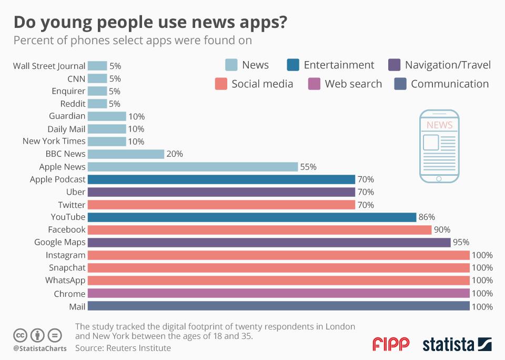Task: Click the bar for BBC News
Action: coord(126,154)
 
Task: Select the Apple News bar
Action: coord(193,166)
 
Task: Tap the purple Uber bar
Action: coord(221,192)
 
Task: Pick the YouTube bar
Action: coord(252,217)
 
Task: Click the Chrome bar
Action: coord(278,293)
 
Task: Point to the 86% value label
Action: coord(427,217)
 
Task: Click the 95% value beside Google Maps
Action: coord(461,242)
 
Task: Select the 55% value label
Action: coord(308,167)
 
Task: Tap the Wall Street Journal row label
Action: coord(49,66)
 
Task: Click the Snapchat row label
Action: coord(67,267)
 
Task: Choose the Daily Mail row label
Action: coord(66,128)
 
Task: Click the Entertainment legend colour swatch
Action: coord(293,65)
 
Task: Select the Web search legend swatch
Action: coord(314,84)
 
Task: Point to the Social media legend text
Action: coord(262,84)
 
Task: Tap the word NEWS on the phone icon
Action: coord(439,125)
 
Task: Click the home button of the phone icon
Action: coord(439,179)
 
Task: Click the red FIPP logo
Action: coord(391,344)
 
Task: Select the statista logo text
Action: coord(448,345)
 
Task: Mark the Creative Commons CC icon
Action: coord(21,335)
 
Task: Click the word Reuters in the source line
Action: coord(126,347)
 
